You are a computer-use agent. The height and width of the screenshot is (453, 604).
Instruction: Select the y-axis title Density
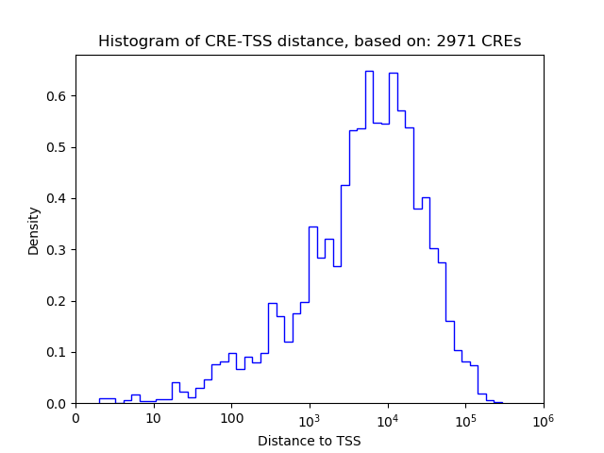point(34,231)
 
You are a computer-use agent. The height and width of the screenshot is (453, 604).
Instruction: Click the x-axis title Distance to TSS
point(310,441)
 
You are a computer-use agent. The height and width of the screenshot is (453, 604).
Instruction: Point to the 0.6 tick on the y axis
point(59,96)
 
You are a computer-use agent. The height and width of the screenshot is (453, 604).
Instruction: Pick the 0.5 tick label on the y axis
point(59,147)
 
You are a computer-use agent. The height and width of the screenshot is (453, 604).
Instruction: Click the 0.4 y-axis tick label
point(59,198)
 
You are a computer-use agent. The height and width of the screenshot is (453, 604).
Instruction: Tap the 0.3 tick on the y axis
point(59,250)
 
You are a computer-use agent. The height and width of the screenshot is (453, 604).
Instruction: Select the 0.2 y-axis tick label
point(59,301)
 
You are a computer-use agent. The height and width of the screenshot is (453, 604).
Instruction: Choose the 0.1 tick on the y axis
point(59,352)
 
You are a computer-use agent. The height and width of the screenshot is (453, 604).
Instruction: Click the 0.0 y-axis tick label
point(59,404)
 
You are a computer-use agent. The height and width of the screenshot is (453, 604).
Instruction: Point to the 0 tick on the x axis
point(76,418)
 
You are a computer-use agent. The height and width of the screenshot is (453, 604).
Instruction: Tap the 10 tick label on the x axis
point(153,418)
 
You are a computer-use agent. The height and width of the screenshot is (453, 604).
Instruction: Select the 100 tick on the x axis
point(231,418)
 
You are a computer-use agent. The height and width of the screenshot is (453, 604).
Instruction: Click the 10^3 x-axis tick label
point(310,417)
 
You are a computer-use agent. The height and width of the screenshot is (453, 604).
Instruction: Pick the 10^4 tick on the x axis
point(387,417)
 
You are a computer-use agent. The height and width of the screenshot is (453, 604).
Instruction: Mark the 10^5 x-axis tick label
point(465,417)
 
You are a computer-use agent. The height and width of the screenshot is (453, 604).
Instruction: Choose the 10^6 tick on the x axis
point(543,417)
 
